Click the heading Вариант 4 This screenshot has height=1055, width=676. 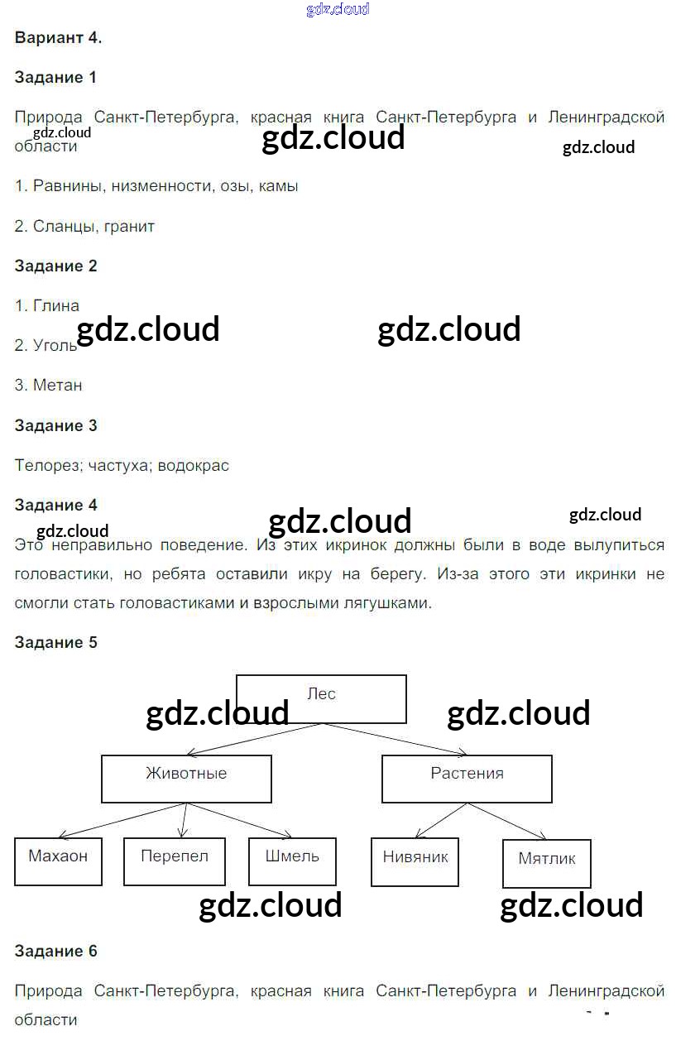click(x=58, y=37)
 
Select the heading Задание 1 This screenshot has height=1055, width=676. click(x=55, y=77)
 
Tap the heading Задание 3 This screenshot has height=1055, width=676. click(x=55, y=425)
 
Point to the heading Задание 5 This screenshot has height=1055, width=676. click(x=55, y=642)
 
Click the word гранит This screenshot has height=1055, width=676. click(x=130, y=226)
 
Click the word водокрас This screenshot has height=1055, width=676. click(x=196, y=465)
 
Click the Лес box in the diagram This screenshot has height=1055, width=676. click(x=321, y=698)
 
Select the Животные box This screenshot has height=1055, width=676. click(x=186, y=778)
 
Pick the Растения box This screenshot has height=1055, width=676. click(x=467, y=778)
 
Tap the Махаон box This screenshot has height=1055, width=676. click(x=58, y=861)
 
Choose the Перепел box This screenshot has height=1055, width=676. click(x=174, y=861)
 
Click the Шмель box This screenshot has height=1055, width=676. click(x=292, y=861)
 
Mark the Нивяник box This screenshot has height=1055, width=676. click(x=415, y=861)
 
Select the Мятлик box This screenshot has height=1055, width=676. click(x=546, y=863)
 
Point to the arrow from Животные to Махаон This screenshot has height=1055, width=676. click(x=124, y=820)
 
